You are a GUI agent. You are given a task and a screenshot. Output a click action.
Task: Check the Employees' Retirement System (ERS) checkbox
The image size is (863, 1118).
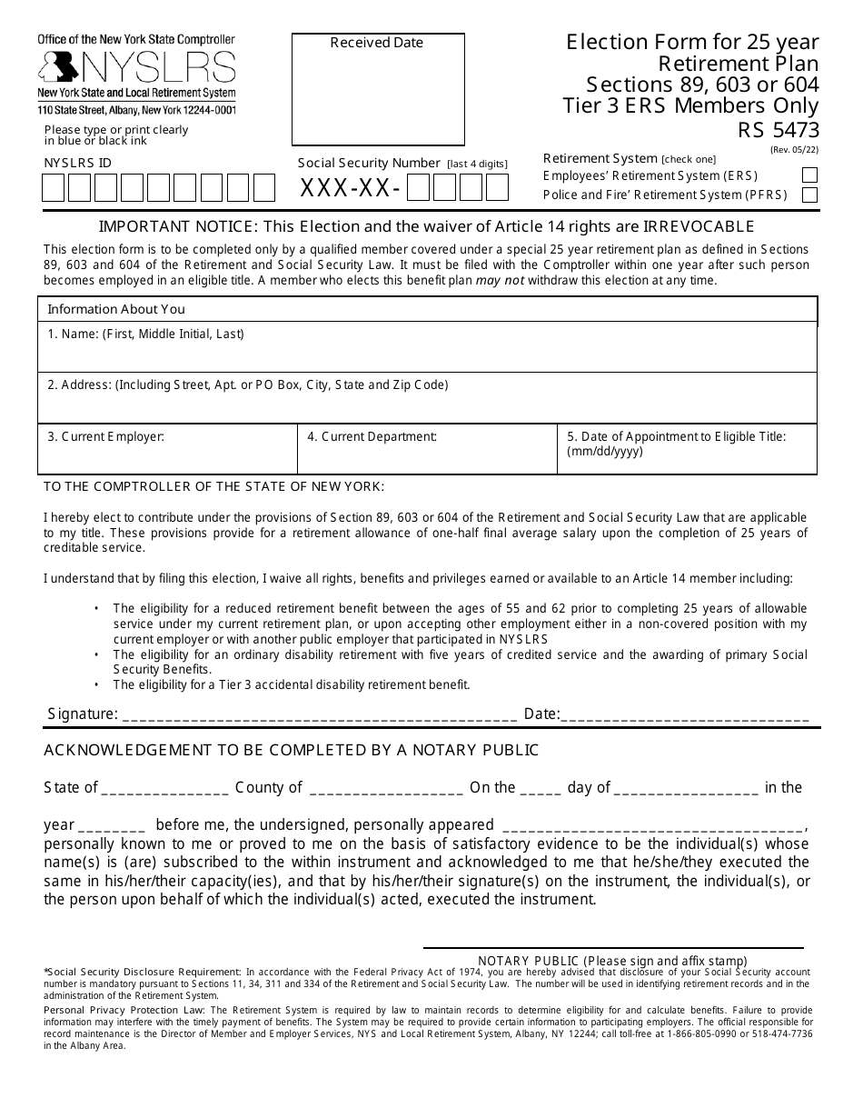point(808,176)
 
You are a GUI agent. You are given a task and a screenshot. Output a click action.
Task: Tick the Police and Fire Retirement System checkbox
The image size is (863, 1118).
point(808,195)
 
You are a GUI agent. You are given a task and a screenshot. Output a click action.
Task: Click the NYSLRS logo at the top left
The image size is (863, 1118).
point(136,68)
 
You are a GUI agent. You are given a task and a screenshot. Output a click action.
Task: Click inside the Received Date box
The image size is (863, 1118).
point(377,95)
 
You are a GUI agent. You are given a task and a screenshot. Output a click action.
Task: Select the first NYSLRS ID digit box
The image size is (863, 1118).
point(53,188)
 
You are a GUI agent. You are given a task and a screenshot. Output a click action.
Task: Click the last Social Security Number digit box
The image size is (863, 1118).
point(497,188)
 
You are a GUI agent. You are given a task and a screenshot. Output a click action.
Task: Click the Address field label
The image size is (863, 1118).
point(247,385)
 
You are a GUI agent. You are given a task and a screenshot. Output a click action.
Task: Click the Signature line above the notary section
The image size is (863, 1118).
point(318,714)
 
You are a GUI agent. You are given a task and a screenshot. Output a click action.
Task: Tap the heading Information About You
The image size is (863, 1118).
point(115,309)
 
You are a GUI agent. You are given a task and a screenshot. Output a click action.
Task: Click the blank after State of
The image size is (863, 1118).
point(164,788)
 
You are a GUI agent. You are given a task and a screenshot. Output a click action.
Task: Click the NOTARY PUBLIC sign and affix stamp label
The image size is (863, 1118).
point(612,961)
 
